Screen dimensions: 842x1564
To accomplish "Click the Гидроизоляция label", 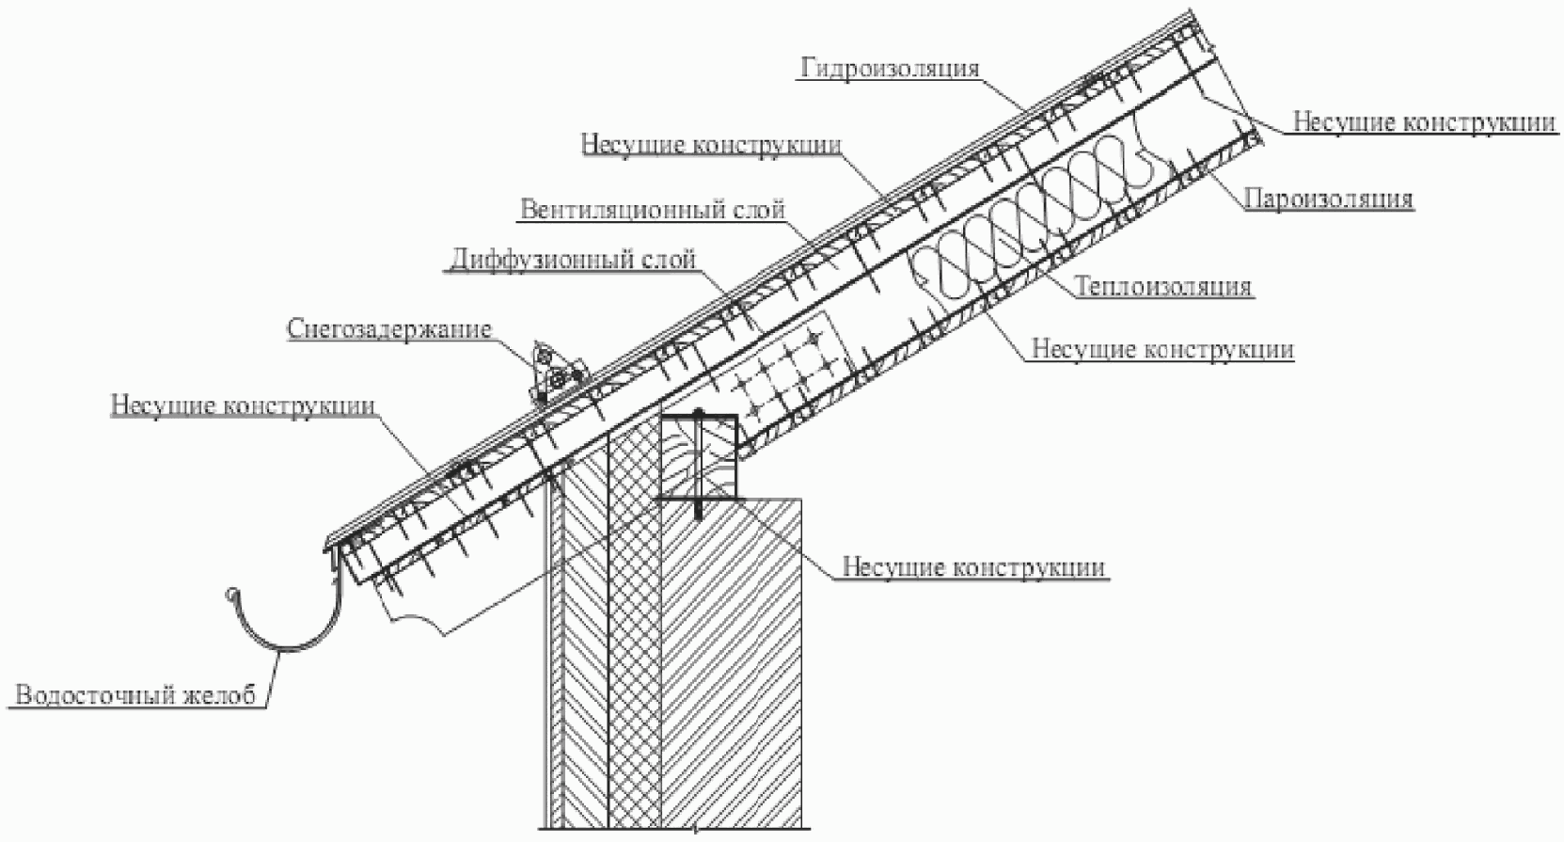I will [890, 69].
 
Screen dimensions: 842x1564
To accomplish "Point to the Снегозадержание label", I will [389, 329].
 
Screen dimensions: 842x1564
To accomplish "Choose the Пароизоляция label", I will [1329, 199].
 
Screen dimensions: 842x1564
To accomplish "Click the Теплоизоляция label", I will [1163, 286].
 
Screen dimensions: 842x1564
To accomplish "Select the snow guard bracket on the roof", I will [553, 374].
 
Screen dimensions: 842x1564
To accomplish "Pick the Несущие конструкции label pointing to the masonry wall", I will [973, 568].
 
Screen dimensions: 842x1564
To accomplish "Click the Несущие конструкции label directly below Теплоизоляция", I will [1162, 349].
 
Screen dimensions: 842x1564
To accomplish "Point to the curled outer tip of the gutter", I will [229, 593].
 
